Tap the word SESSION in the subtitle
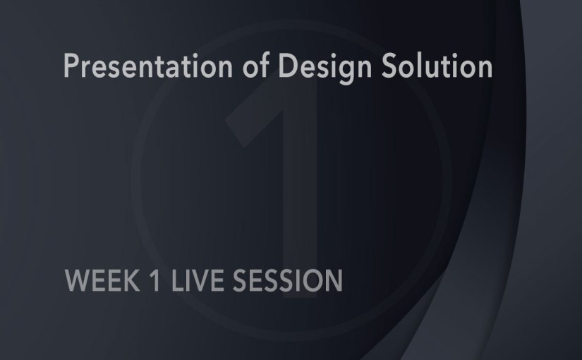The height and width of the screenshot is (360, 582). click(282, 280)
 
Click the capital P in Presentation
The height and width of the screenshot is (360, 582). click(71, 67)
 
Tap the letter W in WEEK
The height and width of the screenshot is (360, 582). click(75, 280)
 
